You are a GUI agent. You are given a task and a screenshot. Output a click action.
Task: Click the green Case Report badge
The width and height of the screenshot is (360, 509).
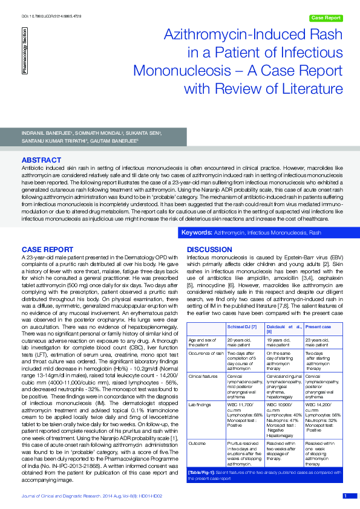click(x=326, y=18)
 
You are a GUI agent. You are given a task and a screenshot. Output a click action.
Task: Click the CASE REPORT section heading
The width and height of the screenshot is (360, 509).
click(x=48, y=249)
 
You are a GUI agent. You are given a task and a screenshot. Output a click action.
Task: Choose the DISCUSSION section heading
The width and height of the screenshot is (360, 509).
click(x=209, y=249)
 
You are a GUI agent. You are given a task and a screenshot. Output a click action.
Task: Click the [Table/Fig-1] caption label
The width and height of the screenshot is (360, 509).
click(x=204, y=488)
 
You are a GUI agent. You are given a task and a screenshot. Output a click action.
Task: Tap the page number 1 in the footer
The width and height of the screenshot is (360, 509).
click(x=345, y=496)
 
